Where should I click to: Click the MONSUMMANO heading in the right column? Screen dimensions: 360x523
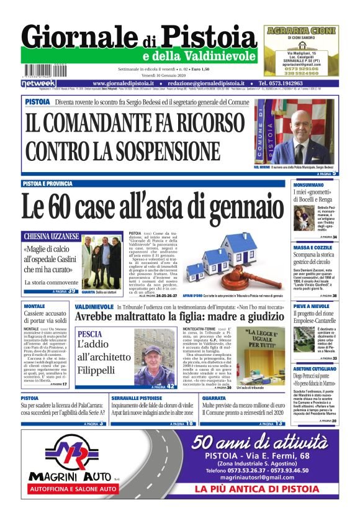pos(310,185)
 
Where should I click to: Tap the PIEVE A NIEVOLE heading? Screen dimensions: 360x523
pos(312,306)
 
